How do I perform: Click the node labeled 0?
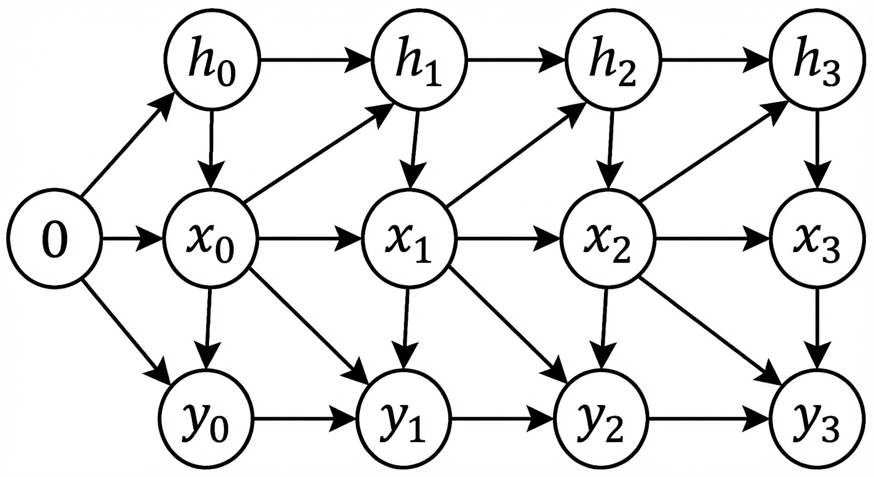click(54, 238)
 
